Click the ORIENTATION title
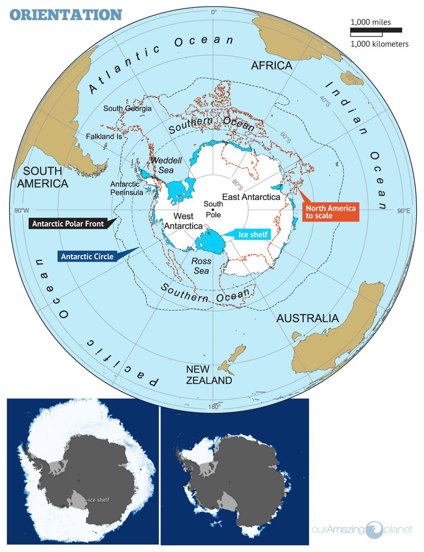click(x=66, y=14)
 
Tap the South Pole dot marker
click(x=213, y=209)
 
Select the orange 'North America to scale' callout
click(x=330, y=212)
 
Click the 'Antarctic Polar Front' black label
click(x=68, y=224)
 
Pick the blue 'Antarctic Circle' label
click(x=87, y=257)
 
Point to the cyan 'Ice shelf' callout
click(x=253, y=235)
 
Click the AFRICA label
click(x=271, y=66)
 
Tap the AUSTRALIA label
click(x=308, y=318)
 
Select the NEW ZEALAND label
click(x=209, y=375)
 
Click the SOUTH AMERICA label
click(x=42, y=177)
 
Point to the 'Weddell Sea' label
click(x=166, y=165)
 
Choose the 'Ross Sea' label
click(x=201, y=266)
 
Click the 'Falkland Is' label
click(x=104, y=136)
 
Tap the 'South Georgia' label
click(x=127, y=108)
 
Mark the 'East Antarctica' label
click(x=251, y=197)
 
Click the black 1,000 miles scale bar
click(x=376, y=30)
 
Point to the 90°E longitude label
click(x=403, y=211)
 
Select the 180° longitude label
click(x=213, y=406)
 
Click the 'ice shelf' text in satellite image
click(x=99, y=500)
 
